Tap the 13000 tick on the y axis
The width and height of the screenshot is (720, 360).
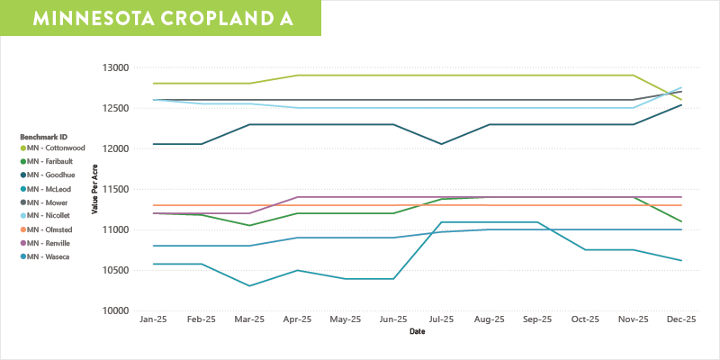pyautogui.click(x=117, y=67)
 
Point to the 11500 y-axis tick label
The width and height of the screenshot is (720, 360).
pyautogui.click(x=117, y=189)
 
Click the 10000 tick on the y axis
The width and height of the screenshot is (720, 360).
pyautogui.click(x=117, y=310)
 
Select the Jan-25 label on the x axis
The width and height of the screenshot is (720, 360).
pyautogui.click(x=154, y=319)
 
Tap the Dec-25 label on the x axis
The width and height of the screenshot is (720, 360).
pyautogui.click(x=681, y=319)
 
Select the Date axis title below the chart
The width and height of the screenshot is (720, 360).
pyautogui.click(x=417, y=331)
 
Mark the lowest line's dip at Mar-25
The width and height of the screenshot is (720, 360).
pyautogui.click(x=249, y=285)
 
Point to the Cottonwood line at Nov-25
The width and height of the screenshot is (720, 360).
pyautogui.click(x=634, y=76)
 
